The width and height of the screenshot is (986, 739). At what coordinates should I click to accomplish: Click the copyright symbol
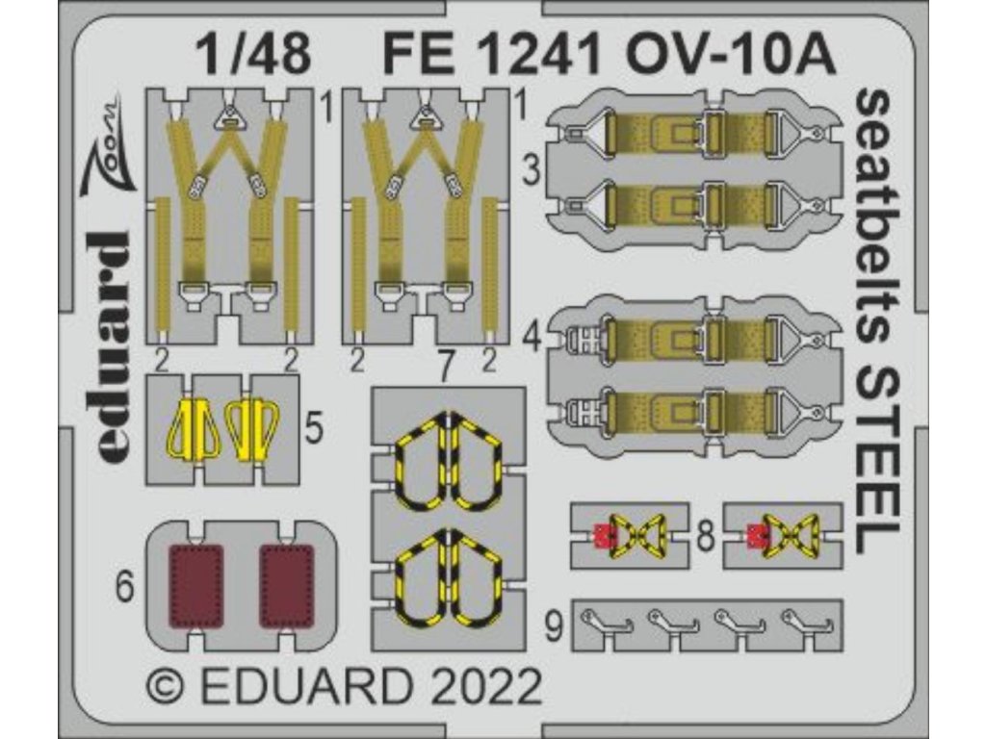pos(167,691)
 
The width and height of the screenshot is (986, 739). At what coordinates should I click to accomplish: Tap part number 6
pos(124,588)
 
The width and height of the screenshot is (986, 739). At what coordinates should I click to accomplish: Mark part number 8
pos(706,536)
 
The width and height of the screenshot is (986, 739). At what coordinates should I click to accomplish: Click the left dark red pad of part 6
pos(196,586)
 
